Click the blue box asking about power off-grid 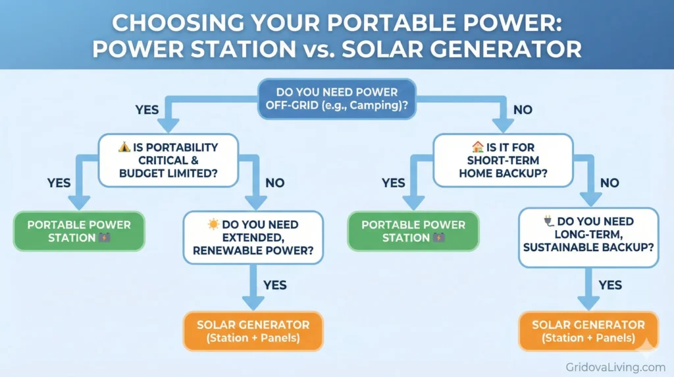pos(336,100)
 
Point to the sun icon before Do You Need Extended pos(213,225)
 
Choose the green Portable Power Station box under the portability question pos(79,231)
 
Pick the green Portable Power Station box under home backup pos(413,231)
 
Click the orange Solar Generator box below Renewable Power pos(253,332)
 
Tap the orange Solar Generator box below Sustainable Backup pos(588,332)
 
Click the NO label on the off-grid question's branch pos(523,109)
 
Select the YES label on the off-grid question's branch pos(147,109)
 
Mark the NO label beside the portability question pos(275,183)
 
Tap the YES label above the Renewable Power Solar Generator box pos(275,285)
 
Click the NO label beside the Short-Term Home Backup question pos(609,183)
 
